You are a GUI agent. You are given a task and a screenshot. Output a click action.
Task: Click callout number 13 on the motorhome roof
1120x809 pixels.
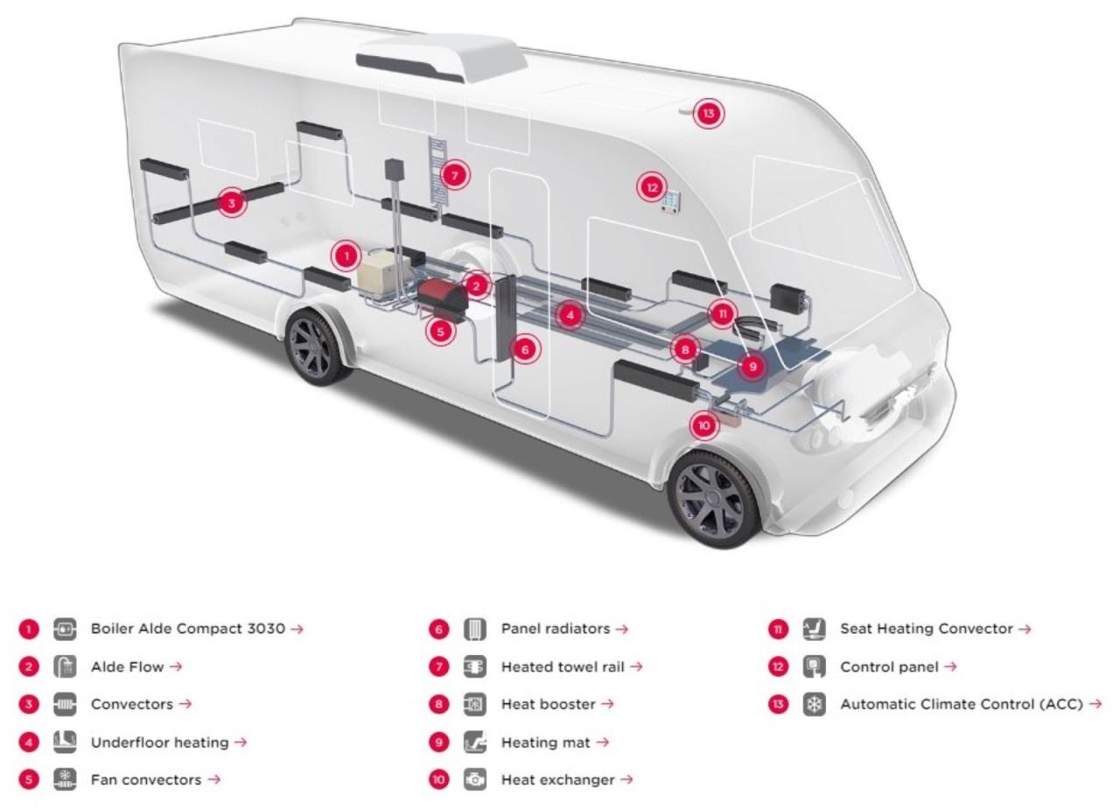point(709,114)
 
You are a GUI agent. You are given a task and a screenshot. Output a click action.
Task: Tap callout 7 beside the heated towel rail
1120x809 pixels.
point(454,175)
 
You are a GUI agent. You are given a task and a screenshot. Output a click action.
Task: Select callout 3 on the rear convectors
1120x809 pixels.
point(231,202)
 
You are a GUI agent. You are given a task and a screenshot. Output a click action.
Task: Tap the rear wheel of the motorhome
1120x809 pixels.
point(316,346)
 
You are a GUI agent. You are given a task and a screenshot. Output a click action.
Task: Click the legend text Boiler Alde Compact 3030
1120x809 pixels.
point(188,629)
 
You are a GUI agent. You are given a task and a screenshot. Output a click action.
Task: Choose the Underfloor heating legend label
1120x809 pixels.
point(160,742)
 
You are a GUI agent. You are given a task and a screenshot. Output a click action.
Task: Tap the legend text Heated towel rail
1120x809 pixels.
point(563,666)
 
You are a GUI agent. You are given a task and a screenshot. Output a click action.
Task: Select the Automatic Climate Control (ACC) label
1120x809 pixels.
point(962,704)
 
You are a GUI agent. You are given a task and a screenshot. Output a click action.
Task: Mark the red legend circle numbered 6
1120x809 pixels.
point(440,629)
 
